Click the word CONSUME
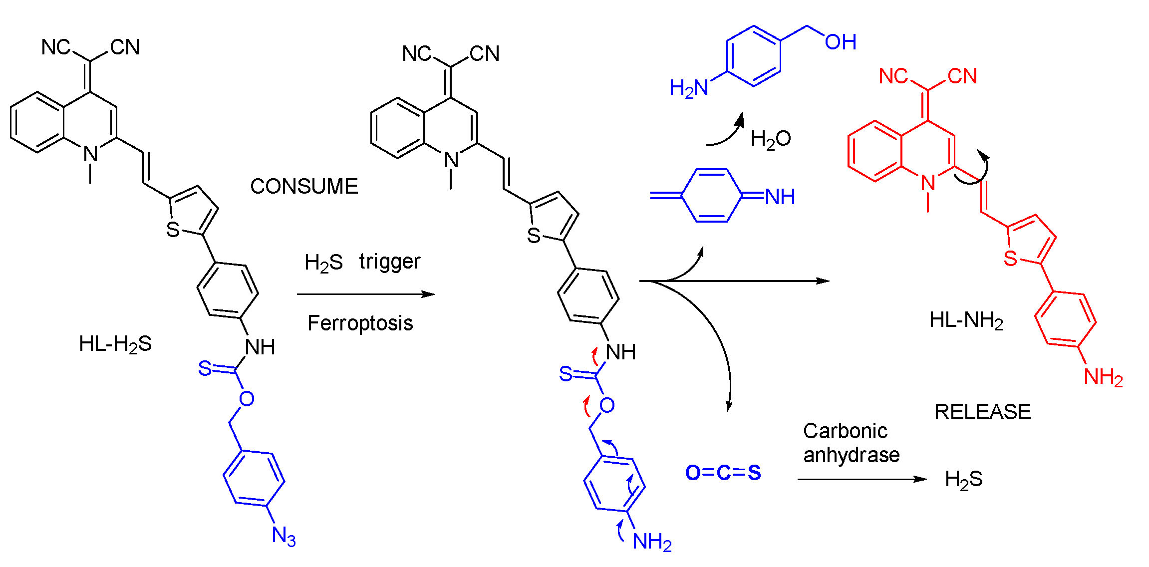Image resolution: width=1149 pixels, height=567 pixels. [304, 187]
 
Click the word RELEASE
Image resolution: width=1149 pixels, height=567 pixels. [982, 412]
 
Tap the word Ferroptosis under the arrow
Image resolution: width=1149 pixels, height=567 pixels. [360, 323]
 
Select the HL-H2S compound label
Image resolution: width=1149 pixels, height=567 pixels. [115, 344]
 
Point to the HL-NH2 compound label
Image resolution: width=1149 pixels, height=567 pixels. [966, 320]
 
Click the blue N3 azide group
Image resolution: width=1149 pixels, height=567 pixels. [284, 536]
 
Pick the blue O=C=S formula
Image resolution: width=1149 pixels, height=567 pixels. [723, 473]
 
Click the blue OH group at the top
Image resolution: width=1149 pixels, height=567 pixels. [841, 42]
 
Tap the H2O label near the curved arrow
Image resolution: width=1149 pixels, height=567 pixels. [771, 139]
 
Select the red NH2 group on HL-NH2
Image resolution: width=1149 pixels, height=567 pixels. [1103, 377]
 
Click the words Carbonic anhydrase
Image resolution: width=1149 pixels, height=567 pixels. [851, 443]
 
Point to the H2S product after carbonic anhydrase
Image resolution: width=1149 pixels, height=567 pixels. [963, 480]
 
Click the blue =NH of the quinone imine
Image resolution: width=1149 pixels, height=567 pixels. [779, 197]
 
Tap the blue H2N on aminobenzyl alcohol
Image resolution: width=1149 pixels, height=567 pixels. [689, 88]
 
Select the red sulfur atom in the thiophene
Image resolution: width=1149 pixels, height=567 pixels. [1010, 259]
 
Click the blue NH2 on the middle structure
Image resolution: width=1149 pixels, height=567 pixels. [652, 542]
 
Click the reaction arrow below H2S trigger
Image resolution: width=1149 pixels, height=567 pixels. [365, 294]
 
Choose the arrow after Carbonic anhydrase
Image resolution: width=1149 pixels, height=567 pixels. [862, 479]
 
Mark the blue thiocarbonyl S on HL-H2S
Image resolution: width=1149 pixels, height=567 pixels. [205, 368]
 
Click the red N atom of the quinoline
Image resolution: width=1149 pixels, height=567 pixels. [928, 183]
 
